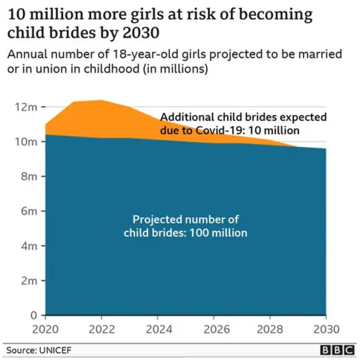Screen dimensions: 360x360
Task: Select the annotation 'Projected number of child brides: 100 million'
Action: [185, 226]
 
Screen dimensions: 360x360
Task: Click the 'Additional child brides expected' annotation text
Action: [243, 118]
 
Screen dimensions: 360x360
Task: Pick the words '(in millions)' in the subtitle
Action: [175, 70]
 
